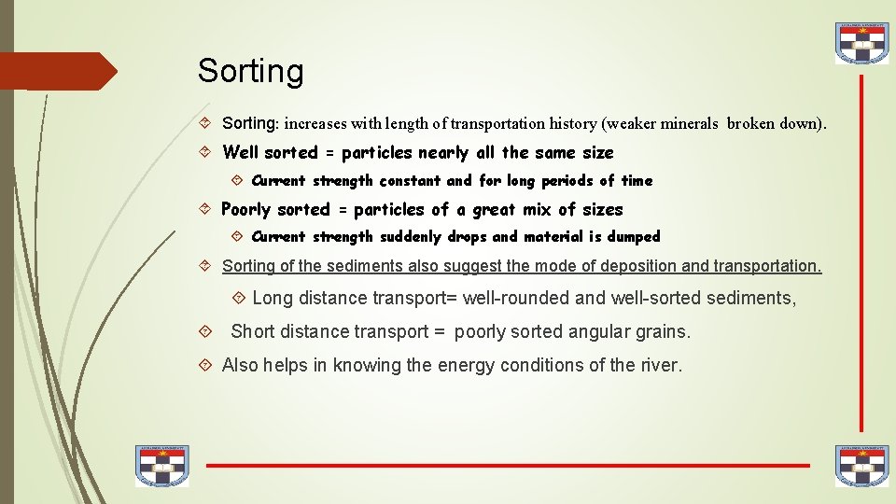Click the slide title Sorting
(250, 71)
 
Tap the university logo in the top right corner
(861, 43)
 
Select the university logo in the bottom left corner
(161, 466)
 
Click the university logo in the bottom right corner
(861, 466)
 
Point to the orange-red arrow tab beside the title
(58, 71)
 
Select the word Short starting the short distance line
(254, 331)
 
